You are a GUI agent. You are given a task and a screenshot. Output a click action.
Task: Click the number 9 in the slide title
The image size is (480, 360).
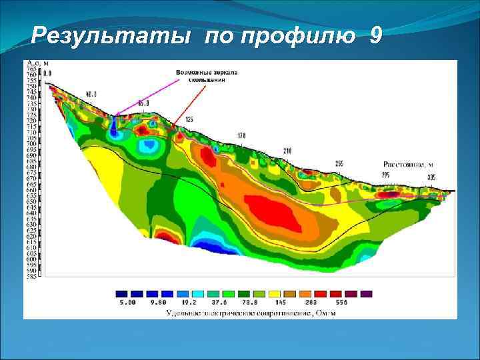pyautogui.click(x=375, y=35)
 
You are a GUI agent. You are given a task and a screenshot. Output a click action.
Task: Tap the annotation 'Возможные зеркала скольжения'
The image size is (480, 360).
pyautogui.click(x=207, y=75)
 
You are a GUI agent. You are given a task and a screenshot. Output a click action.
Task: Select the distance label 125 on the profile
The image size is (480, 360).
pyautogui.click(x=189, y=119)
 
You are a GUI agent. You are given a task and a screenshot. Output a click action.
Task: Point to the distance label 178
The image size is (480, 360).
pyautogui.click(x=241, y=135)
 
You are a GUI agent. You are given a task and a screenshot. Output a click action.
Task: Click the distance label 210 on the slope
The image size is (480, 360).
pyautogui.click(x=288, y=151)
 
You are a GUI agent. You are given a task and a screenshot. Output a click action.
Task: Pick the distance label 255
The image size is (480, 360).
pyautogui.click(x=339, y=163)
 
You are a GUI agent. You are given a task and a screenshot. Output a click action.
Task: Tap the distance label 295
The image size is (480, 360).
pyautogui.click(x=385, y=174)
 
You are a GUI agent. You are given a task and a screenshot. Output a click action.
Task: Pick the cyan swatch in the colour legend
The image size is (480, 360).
pyautogui.click(x=198, y=293)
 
